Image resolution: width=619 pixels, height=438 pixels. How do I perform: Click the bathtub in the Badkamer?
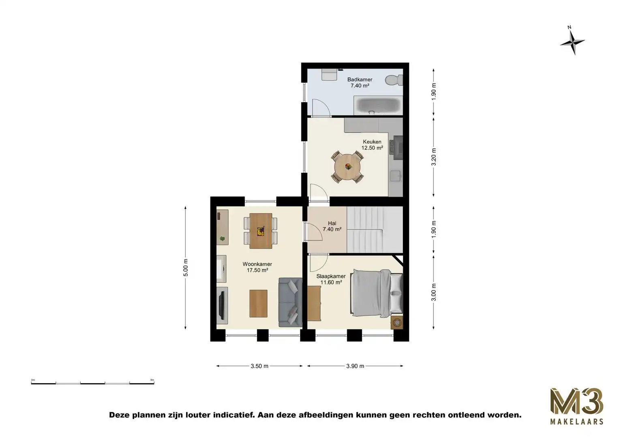[x=378, y=105]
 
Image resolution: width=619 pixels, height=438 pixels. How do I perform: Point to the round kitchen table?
[x=348, y=166]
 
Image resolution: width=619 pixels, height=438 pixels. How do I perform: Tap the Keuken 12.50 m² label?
[x=373, y=145]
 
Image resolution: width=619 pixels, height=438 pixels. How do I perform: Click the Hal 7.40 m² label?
[x=332, y=226]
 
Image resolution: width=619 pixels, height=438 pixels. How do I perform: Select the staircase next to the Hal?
[x=375, y=229]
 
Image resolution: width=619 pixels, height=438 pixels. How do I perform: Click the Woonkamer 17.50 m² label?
[x=257, y=267]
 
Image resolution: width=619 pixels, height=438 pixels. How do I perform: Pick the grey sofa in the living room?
[x=290, y=302]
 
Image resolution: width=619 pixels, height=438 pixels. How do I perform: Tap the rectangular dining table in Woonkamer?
[x=261, y=231]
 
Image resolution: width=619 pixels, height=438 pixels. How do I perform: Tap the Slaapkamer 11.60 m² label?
[x=331, y=279]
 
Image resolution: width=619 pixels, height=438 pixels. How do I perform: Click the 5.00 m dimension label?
[x=186, y=268]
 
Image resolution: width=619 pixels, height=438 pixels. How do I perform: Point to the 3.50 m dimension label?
[x=259, y=366]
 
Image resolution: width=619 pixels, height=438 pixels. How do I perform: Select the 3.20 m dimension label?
[x=433, y=157]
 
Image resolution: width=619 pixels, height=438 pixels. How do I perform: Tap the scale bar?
[x=92, y=382]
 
